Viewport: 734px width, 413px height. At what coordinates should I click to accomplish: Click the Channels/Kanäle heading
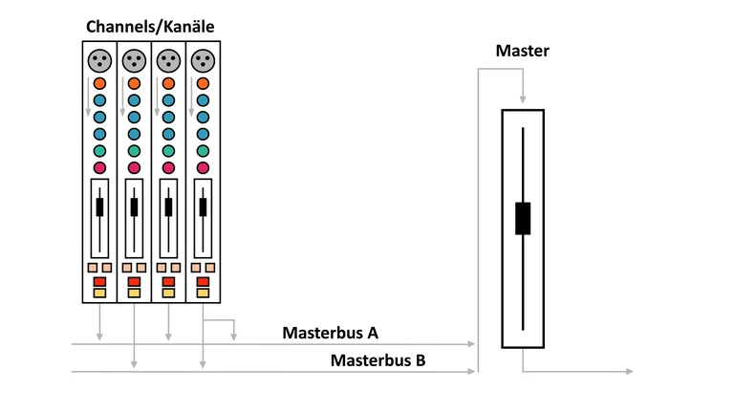click(x=151, y=27)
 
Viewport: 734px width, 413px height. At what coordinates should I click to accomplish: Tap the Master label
click(x=522, y=51)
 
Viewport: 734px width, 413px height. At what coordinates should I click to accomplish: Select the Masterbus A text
click(x=331, y=333)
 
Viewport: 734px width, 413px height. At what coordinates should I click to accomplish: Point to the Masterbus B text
click(x=378, y=360)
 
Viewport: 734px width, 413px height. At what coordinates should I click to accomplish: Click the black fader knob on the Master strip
click(x=523, y=218)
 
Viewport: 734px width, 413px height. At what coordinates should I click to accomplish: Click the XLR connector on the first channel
click(x=99, y=60)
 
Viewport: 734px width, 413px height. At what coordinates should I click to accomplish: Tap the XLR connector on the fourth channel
click(x=203, y=60)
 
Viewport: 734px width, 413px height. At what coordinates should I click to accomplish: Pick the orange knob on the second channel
click(x=134, y=83)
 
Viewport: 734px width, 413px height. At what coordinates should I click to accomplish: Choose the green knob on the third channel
click(x=168, y=151)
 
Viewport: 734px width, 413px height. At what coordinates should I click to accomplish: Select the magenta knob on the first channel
click(x=99, y=168)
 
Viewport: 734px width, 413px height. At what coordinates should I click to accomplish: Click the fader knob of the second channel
click(x=134, y=206)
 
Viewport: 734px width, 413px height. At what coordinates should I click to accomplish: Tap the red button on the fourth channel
click(x=203, y=282)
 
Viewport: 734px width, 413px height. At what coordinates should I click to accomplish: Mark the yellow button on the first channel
click(x=99, y=293)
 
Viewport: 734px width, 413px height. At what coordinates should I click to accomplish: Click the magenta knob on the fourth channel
click(x=203, y=168)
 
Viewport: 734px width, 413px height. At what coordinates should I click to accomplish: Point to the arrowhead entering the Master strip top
click(x=523, y=98)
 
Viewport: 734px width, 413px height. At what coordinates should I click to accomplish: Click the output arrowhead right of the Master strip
click(x=628, y=370)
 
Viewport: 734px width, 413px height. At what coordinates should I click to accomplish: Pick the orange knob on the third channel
click(x=168, y=83)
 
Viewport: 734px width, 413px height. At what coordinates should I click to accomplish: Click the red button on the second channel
click(x=134, y=282)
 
